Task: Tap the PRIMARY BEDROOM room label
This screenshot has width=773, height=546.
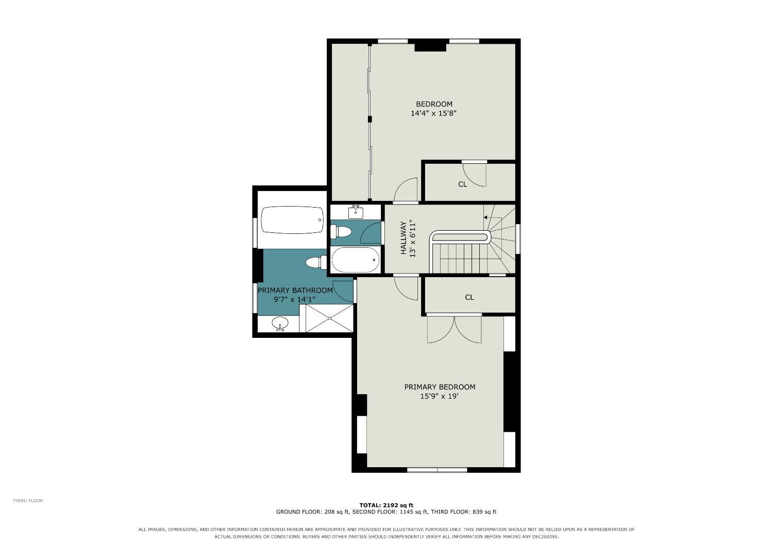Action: click(x=440, y=387)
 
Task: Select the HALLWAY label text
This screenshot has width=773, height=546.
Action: click(x=404, y=238)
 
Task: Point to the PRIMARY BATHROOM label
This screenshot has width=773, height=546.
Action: click(x=295, y=291)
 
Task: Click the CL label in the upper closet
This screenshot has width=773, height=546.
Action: click(x=462, y=184)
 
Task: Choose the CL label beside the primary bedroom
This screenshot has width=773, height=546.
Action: click(x=469, y=297)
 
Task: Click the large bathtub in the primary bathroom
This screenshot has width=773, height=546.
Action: click(x=292, y=220)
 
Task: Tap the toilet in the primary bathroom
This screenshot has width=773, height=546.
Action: click(x=316, y=263)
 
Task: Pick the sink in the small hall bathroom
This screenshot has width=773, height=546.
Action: click(x=356, y=212)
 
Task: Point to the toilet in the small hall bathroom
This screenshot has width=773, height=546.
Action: click(x=341, y=232)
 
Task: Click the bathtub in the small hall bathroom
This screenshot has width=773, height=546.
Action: click(x=356, y=260)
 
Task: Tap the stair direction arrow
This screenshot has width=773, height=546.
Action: click(x=485, y=218)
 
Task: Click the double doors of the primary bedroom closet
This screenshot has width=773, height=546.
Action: click(x=454, y=329)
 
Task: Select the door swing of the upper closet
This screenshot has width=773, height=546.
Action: click(x=475, y=175)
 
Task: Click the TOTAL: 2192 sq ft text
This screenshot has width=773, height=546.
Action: click(x=386, y=505)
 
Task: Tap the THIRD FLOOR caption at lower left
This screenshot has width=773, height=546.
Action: click(x=28, y=501)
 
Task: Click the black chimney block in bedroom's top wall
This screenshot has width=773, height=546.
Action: click(x=430, y=46)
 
